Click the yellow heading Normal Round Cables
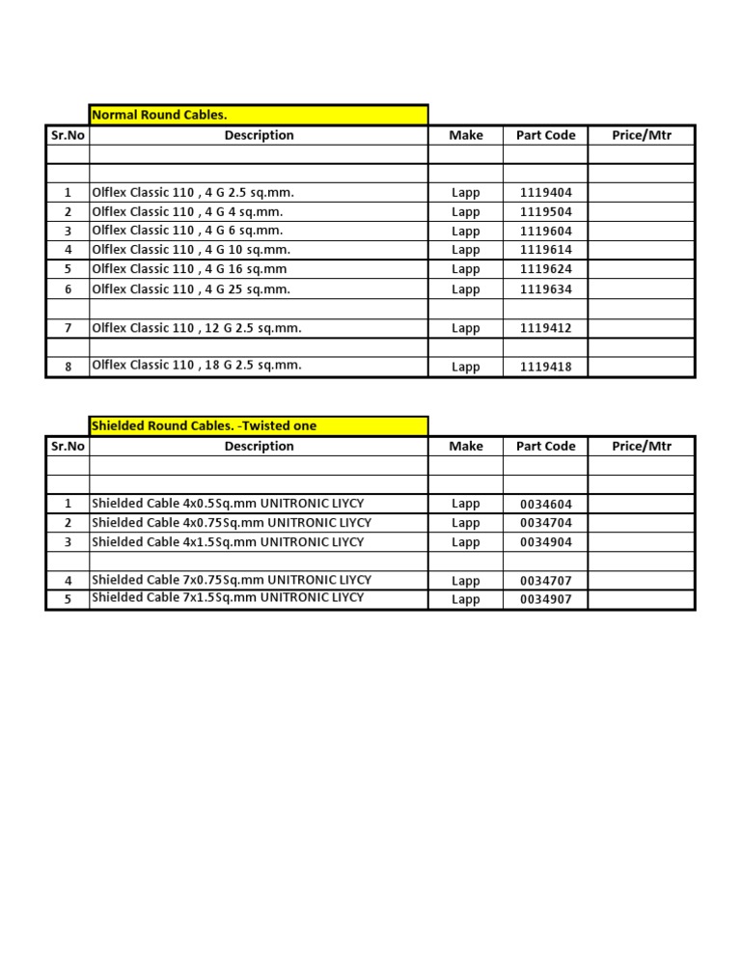point(159,115)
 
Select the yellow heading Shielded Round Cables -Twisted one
point(204,425)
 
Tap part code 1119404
point(545,193)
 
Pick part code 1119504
point(545,211)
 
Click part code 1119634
point(545,289)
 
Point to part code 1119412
point(545,328)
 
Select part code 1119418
point(545,367)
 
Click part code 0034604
point(545,504)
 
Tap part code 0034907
point(545,599)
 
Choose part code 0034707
point(545,581)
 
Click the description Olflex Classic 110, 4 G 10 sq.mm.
point(191,250)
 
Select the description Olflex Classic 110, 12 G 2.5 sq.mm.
point(197,328)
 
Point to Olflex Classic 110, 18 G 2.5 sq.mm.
point(197,365)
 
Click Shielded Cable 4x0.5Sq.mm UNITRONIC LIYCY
point(228,503)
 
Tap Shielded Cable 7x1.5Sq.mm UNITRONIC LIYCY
point(228,597)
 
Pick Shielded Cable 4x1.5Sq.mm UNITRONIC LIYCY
point(228,542)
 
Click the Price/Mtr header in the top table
point(642,135)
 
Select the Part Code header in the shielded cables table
point(545,446)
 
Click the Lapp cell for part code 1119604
point(465,232)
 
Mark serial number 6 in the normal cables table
point(68,289)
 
